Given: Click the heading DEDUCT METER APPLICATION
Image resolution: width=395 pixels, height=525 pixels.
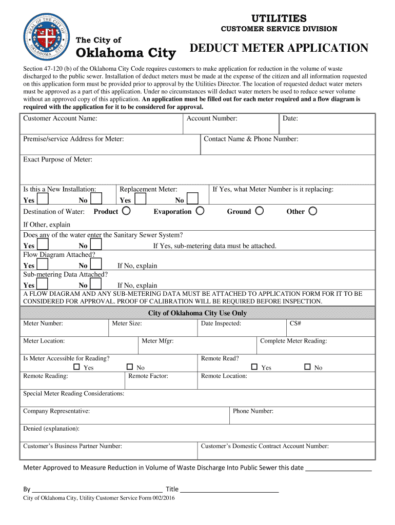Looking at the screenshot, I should (279, 48).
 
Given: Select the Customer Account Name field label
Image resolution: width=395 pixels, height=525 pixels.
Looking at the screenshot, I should (60, 118).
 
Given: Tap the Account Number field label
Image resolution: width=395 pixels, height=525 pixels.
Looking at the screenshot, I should (211, 118).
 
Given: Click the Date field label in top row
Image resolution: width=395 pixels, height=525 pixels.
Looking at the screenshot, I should (290, 118).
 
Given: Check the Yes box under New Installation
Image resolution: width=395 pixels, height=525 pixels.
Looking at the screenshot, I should (43, 199).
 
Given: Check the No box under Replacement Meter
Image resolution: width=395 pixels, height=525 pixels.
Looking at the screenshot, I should (192, 199).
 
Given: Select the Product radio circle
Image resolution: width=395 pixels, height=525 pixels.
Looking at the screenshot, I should (126, 211).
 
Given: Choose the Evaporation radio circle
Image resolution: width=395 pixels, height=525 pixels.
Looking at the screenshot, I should (200, 211).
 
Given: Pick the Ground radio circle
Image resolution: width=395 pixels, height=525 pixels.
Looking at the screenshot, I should (260, 211).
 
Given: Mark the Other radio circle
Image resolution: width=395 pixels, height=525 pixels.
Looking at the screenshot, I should (312, 211).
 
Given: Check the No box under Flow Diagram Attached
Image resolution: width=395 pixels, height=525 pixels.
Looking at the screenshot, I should (96, 265).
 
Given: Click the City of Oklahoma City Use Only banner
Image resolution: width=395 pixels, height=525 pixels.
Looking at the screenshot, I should (197, 313).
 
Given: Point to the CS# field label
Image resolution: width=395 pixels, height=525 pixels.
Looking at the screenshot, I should (295, 324).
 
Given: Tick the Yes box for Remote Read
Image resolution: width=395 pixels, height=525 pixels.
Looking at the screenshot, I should (254, 367).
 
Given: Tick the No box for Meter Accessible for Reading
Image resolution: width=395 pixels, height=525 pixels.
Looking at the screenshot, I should (130, 367).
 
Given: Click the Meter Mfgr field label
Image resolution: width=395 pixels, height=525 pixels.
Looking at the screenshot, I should (157, 341).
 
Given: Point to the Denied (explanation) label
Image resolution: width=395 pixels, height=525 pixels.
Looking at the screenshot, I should (51, 429).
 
